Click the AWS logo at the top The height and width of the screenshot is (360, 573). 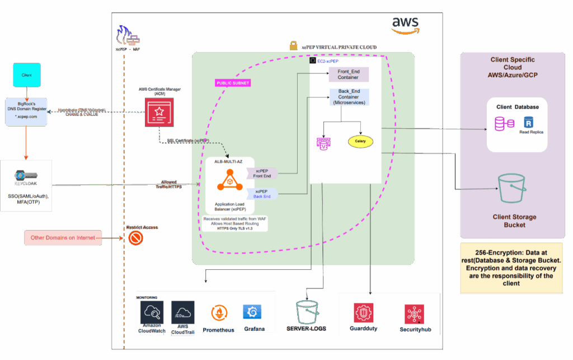click(405, 25)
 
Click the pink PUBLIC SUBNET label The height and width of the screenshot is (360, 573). click(233, 83)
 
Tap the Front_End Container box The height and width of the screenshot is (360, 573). click(348, 74)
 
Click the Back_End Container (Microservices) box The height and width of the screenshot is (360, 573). click(348, 97)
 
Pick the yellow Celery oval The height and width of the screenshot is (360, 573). click(360, 141)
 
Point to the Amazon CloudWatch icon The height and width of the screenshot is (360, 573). click(152, 312)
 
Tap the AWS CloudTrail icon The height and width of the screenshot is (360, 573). click(182, 312)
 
